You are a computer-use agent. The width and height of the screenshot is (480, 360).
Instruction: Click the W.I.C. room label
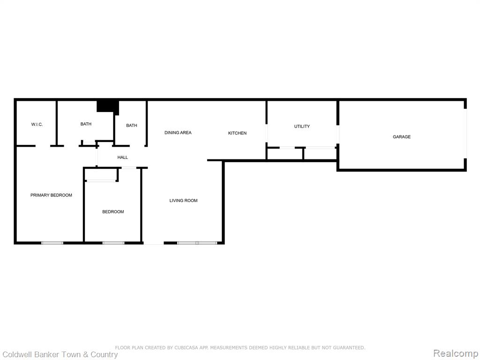click(x=37, y=125)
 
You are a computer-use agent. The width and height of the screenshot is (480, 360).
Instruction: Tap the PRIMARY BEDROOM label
click(x=51, y=195)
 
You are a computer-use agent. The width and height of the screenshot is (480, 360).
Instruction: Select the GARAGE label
click(x=402, y=137)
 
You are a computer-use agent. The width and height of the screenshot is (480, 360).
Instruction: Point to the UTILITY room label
click(x=302, y=127)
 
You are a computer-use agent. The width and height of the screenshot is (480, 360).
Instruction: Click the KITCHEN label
click(x=237, y=133)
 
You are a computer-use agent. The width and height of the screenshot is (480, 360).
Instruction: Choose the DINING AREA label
click(x=178, y=133)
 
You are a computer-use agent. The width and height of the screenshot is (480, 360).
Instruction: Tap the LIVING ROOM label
click(x=183, y=201)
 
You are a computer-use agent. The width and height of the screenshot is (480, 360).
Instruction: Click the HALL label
click(x=122, y=157)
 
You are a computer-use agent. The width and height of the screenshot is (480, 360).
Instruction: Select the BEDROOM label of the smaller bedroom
click(x=113, y=212)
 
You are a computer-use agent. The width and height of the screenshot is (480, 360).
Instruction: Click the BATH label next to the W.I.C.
click(x=86, y=124)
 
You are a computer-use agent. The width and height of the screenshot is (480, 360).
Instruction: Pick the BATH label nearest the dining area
click(x=132, y=126)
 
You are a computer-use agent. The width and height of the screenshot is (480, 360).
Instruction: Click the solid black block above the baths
click(x=108, y=107)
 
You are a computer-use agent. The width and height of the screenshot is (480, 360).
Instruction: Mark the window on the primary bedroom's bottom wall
click(x=52, y=243)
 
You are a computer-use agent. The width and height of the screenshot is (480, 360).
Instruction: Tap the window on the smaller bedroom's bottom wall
click(x=113, y=243)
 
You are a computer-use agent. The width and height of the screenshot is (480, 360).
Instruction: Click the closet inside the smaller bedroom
click(x=101, y=175)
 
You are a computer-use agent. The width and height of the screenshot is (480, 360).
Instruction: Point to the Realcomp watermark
click(x=455, y=353)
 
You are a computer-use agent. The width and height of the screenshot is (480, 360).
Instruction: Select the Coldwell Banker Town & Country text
click(x=60, y=354)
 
